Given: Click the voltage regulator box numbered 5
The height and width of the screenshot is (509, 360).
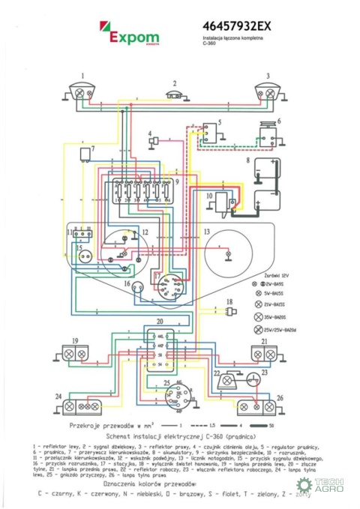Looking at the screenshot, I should point(208,133).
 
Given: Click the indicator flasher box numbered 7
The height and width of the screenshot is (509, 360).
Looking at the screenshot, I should point(86,155).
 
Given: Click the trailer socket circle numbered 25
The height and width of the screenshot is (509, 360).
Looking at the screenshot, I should point(175,395).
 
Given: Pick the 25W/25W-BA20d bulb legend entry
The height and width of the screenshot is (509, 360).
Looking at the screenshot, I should point(286,330).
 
